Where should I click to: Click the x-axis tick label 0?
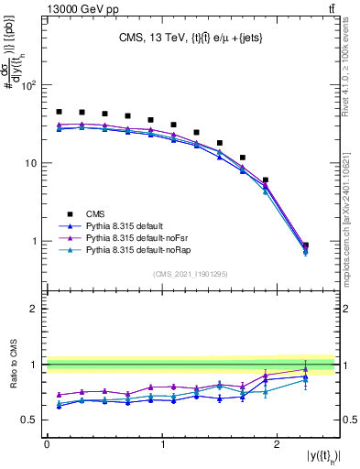[x=47, y=444]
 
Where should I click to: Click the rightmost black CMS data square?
[x=305, y=245]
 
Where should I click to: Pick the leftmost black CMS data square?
[x=59, y=112]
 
